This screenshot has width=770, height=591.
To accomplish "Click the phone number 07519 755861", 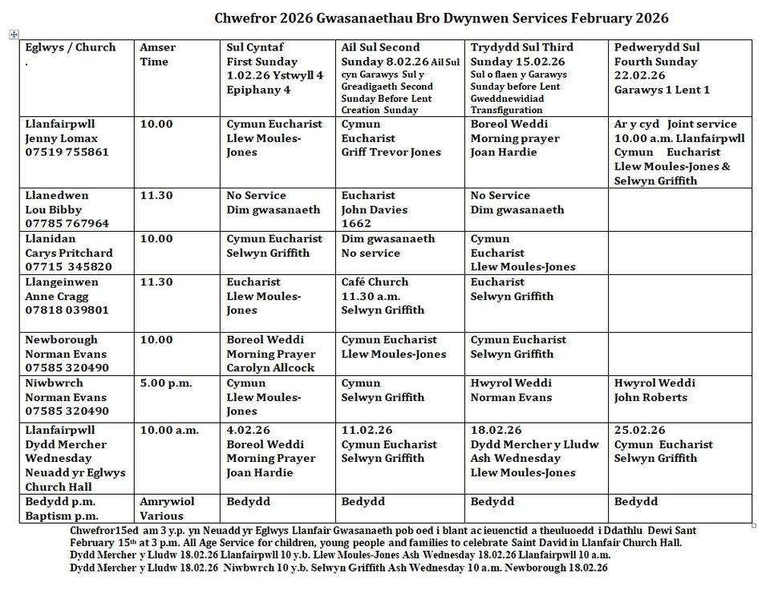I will [67, 152].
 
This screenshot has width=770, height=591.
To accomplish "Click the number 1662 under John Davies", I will [356, 224].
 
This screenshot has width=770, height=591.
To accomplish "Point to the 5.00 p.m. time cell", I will [166, 383].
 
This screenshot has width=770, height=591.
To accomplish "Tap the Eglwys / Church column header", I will [71, 48].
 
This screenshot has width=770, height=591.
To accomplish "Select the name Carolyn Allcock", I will [270, 368].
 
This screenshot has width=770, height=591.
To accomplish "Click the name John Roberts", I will [650, 398].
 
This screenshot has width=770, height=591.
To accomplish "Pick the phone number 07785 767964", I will [67, 224].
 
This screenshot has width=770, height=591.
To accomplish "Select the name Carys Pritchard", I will [69, 253].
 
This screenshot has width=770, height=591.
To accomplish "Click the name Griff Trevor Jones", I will [391, 152].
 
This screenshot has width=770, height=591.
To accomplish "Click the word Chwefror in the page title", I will [247, 18].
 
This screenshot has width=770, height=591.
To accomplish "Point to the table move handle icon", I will [13, 34].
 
